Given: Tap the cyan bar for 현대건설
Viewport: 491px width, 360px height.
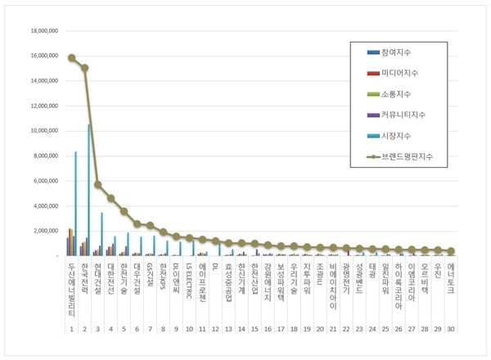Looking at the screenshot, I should (x=101, y=233).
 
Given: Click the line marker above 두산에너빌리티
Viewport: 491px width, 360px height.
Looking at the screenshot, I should (x=71, y=58).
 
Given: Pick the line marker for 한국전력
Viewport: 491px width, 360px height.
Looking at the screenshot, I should (x=84, y=68).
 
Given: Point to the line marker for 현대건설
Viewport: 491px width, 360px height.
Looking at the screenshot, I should (x=97, y=185).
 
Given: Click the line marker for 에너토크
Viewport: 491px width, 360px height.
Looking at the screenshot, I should (x=451, y=251).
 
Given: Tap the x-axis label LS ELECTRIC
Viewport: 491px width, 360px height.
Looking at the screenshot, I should (x=189, y=281).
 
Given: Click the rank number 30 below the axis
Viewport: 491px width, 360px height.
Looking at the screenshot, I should (x=451, y=329).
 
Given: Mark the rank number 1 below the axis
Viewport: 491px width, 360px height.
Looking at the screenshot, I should (x=71, y=329).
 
